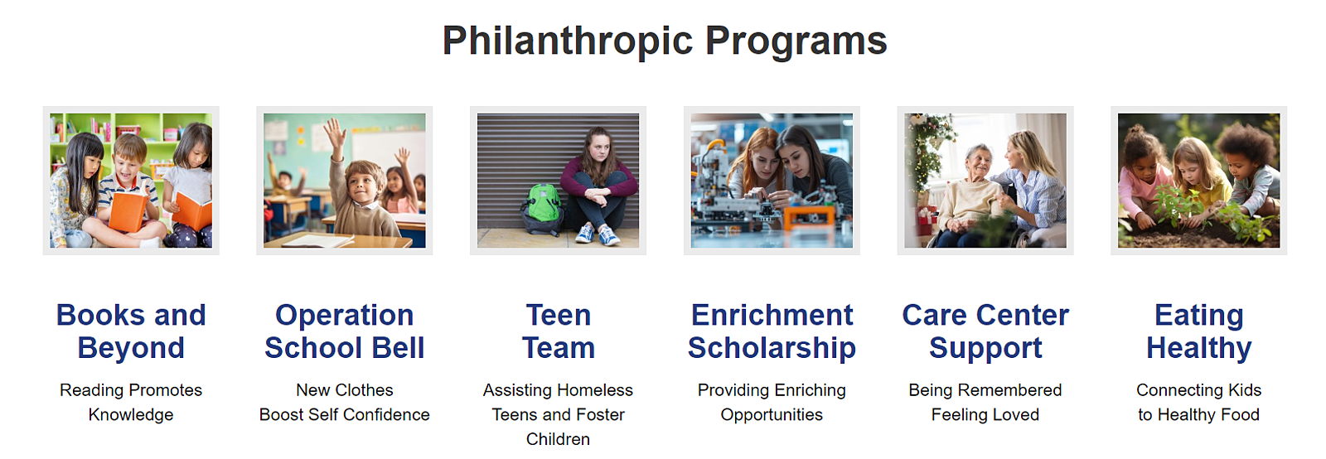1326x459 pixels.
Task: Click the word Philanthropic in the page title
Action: (568, 41)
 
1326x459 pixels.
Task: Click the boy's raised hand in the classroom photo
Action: (336, 134)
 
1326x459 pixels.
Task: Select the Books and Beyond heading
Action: (131, 331)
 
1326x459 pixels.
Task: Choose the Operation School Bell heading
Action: (345, 331)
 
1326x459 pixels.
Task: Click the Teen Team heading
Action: (559, 331)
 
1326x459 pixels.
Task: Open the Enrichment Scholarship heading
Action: (772, 331)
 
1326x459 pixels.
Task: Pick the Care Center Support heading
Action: (985, 331)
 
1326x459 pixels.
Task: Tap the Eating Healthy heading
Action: (1198, 331)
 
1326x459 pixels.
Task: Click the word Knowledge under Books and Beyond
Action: (131, 414)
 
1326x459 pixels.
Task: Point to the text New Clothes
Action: (345, 389)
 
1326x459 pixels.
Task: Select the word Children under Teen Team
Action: (559, 439)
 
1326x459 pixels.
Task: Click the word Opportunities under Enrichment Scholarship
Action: (772, 414)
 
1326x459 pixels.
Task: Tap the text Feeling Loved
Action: (985, 414)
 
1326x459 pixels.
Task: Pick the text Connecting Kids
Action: (1198, 390)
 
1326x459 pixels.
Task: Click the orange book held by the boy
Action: (128, 211)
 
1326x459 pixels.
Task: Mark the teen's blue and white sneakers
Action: (598, 234)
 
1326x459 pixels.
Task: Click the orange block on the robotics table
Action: (809, 216)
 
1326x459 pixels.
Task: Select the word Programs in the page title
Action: (796, 42)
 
